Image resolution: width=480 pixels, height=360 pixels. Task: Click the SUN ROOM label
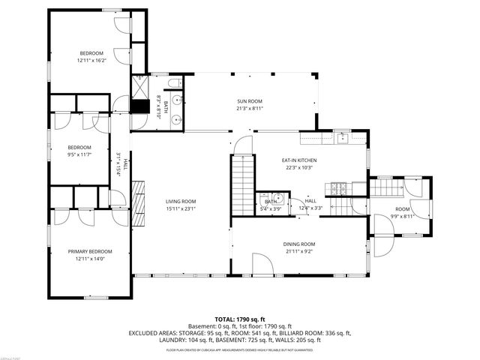(x=250, y=101)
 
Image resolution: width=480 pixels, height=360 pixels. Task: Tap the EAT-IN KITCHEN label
(x=298, y=160)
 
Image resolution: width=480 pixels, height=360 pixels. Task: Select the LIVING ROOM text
(x=181, y=201)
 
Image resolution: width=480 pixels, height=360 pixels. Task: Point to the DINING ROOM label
(x=298, y=244)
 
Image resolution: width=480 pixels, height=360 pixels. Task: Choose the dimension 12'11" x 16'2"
(x=91, y=60)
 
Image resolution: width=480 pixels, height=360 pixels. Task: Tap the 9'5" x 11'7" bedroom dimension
(x=79, y=154)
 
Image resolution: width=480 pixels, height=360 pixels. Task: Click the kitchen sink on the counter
(x=341, y=137)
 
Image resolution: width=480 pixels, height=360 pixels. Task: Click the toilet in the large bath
(x=172, y=83)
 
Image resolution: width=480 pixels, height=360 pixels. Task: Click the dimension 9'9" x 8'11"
(x=403, y=215)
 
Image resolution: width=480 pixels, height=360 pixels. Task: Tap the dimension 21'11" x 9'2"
(x=298, y=251)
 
